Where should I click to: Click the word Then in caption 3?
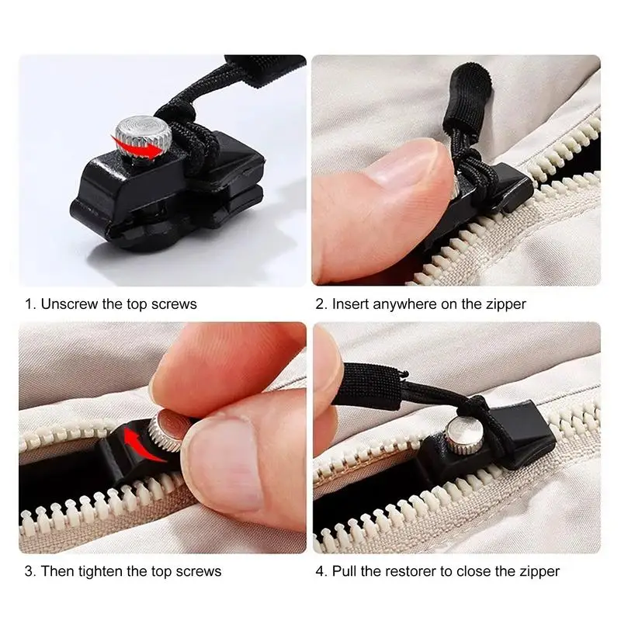[x=56, y=571]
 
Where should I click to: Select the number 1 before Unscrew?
[x=28, y=304]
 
